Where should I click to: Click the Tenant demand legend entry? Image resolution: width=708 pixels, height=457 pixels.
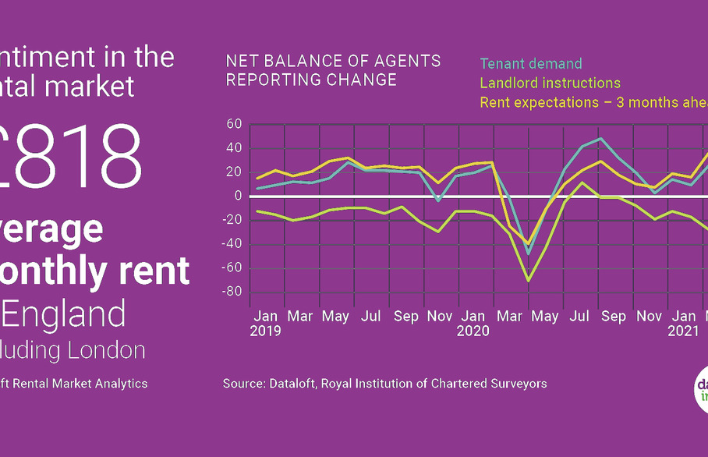tap(531, 64)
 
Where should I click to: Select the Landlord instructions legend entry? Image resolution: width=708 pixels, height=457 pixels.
tap(550, 83)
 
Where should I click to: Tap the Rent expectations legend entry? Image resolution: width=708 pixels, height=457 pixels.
tap(593, 102)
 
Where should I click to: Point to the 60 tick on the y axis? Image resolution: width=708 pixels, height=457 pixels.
tap(235, 124)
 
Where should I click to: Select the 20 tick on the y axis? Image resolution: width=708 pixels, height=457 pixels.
tap(235, 172)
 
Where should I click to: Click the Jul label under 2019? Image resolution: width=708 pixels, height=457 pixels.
tap(372, 317)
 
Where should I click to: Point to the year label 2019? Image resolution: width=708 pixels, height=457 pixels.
tap(267, 331)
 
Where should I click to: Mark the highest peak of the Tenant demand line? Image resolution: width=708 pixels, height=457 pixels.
tap(600, 139)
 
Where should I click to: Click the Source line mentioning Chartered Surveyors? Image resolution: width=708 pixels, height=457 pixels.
tap(384, 383)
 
